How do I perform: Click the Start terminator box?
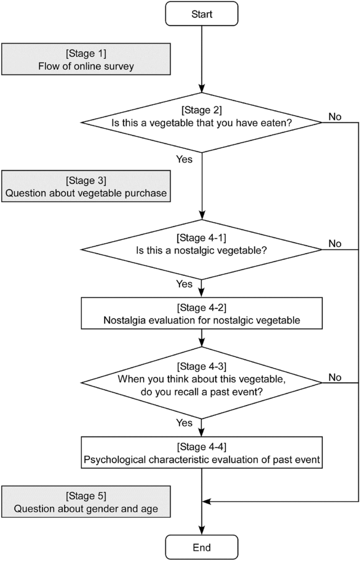[x=202, y=14]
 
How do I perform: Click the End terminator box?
[x=202, y=547]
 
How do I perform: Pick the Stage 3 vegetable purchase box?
[x=86, y=186]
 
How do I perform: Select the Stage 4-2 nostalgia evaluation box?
[x=202, y=314]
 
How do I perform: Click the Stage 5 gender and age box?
[x=86, y=502]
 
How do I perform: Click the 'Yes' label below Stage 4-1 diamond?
[x=184, y=284]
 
